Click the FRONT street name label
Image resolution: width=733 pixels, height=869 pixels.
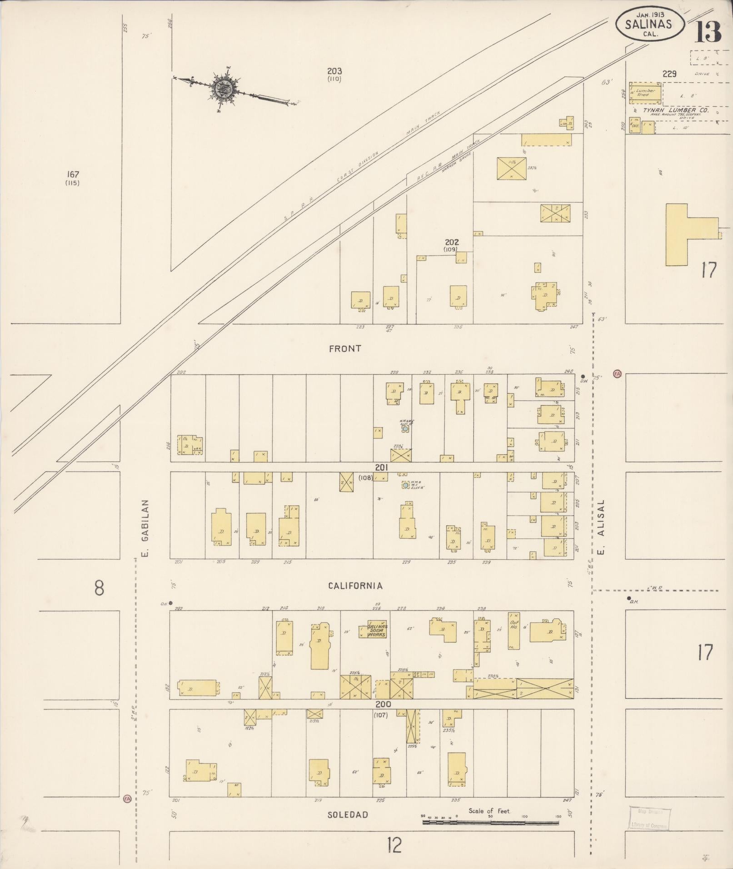tap(345, 348)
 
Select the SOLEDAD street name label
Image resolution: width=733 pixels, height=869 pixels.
tap(348, 814)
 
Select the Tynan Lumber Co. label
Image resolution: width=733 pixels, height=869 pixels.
tap(675, 110)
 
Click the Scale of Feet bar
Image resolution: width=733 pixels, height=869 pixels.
tap(491, 822)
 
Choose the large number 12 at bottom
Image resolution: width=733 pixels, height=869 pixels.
tap(394, 845)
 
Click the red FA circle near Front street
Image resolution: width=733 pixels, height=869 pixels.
tap(617, 373)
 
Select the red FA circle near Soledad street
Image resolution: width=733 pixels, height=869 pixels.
tap(127, 798)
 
